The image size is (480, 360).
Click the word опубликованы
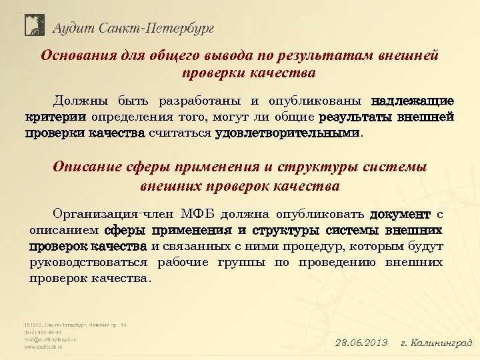[314, 102]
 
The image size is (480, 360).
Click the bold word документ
[400, 215]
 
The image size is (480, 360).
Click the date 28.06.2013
[361, 343]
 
